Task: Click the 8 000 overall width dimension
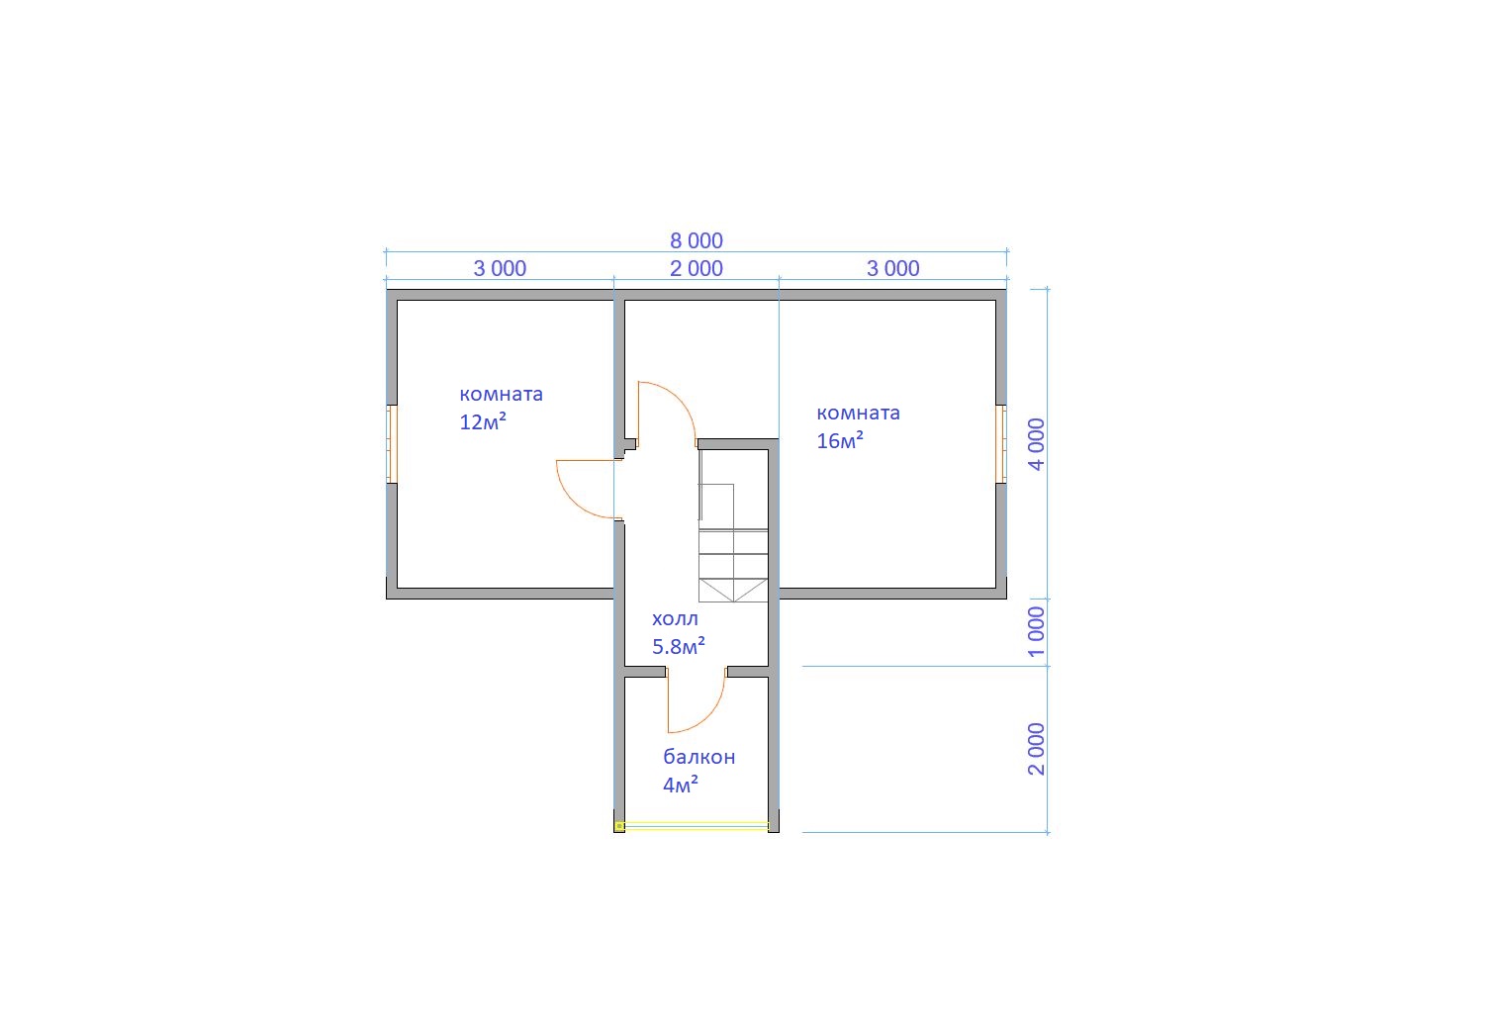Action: tap(697, 240)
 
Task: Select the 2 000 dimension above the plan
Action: tap(697, 268)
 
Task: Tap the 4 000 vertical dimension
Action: tap(1036, 445)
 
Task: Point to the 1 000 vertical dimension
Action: tap(1036, 632)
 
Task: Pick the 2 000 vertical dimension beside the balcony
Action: tap(1036, 750)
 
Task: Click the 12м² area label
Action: tap(483, 421)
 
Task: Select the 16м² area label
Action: tap(840, 440)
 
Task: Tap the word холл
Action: tap(675, 618)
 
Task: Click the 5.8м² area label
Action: tap(679, 646)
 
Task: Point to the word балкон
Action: tap(699, 757)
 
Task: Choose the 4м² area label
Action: tap(681, 785)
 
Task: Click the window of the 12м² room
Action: tap(393, 443)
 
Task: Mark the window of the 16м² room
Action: tap(1001, 443)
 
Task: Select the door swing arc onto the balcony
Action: tap(709, 713)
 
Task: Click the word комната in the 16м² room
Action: tap(859, 413)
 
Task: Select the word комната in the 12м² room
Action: tap(502, 395)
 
